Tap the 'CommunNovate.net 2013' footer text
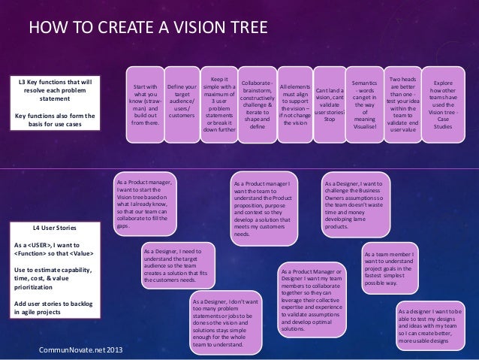pyautogui.click(x=77, y=350)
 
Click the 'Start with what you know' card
pyautogui.click(x=145, y=107)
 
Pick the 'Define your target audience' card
pyautogui.click(x=181, y=102)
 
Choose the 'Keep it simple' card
pyautogui.click(x=219, y=103)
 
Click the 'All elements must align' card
pyautogui.click(x=294, y=104)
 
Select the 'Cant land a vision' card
pyautogui.click(x=329, y=104)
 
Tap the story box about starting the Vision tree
pyautogui.click(x=146, y=204)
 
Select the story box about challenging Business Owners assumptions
pyautogui.click(x=357, y=204)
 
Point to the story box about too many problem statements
pyautogui.click(x=219, y=322)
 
